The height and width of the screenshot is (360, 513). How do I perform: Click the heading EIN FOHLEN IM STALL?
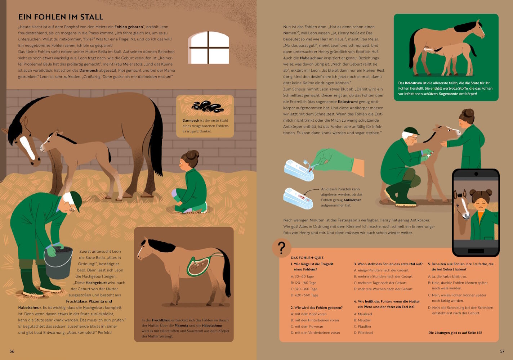pyautogui.click(x=61, y=17)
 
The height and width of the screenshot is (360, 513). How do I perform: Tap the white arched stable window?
pyautogui.click(x=208, y=48)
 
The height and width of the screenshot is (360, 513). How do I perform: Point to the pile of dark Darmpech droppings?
pyautogui.click(x=207, y=107)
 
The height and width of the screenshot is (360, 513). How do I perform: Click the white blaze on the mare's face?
pyautogui.click(x=27, y=147)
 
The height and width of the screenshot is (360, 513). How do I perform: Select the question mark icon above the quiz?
pyautogui.click(x=281, y=248)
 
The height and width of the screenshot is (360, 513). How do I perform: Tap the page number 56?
pyautogui.click(x=12, y=351)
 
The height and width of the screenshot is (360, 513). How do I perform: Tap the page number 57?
pyautogui.click(x=502, y=351)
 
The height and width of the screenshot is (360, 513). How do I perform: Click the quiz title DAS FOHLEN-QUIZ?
pyautogui.click(x=307, y=258)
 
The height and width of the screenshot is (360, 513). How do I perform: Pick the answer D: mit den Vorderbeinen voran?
pyautogui.click(x=315, y=333)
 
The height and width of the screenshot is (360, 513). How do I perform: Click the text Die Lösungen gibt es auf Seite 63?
pyautogui.click(x=455, y=333)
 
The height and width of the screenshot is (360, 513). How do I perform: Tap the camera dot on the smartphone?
pyautogui.click(x=476, y=174)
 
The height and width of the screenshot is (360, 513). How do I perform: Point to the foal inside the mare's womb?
pyautogui.click(x=198, y=267)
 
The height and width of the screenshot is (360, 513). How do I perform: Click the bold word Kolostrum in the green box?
pyautogui.click(x=413, y=83)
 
